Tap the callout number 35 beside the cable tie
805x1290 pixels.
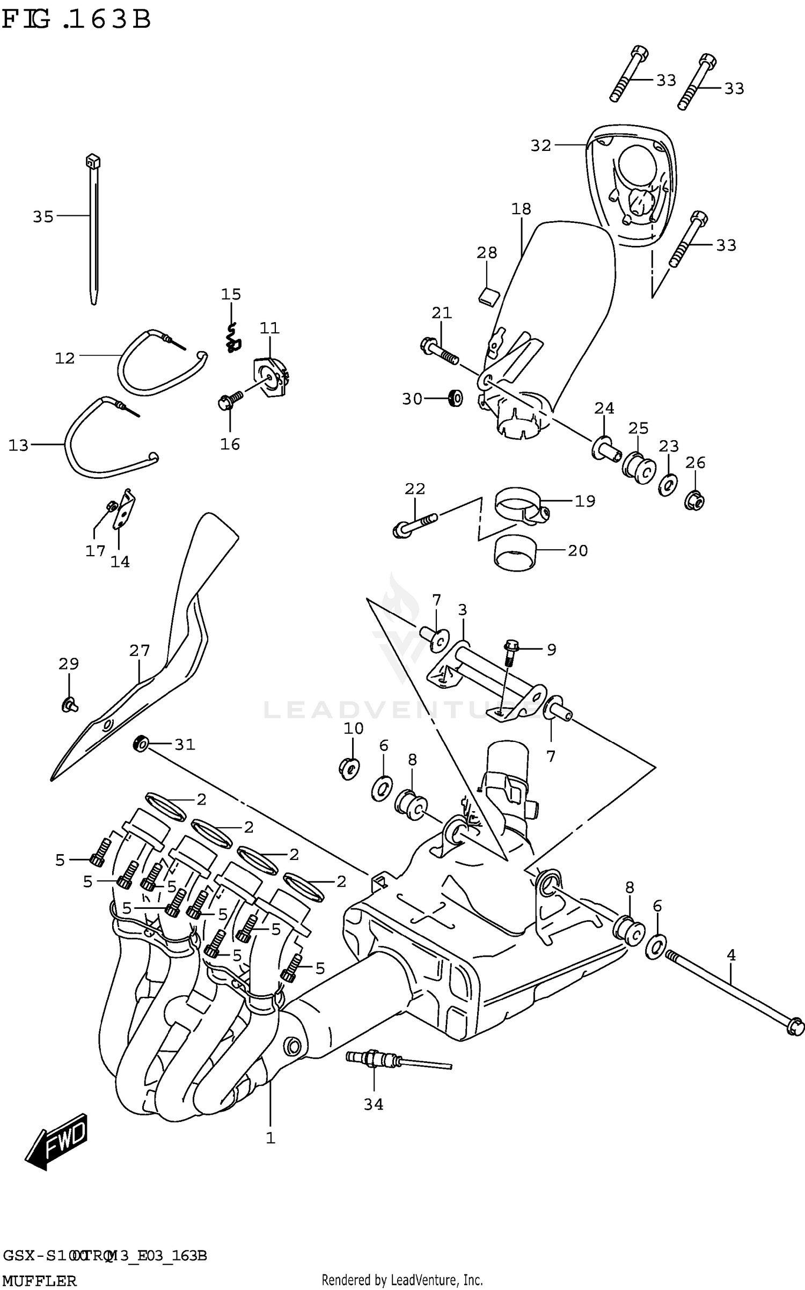tap(43, 216)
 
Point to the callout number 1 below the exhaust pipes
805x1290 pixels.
tap(270, 1138)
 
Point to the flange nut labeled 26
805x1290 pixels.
tap(694, 500)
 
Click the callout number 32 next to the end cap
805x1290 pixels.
tap(540, 145)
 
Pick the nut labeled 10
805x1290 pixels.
tap(350, 768)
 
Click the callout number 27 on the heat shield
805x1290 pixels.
tap(139, 651)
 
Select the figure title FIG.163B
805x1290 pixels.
tap(76, 20)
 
